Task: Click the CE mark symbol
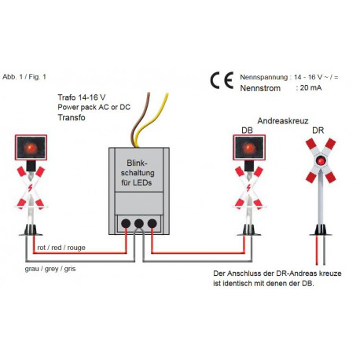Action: click(222, 80)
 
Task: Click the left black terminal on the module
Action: click(126, 223)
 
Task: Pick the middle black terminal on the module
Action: click(139, 223)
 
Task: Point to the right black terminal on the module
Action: click(152, 223)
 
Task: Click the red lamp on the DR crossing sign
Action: click(321, 160)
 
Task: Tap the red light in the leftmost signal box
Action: click(31, 148)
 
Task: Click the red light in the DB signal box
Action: click(249, 149)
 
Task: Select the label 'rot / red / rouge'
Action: click(61, 248)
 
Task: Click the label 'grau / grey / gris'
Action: click(50, 269)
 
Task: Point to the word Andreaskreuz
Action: click(283, 121)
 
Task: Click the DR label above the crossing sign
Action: click(318, 130)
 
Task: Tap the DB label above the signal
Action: click(247, 130)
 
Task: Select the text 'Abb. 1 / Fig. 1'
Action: click(24, 77)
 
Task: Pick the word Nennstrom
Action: click(260, 88)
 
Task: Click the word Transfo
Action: click(72, 117)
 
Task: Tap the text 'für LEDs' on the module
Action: click(137, 182)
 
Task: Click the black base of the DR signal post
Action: click(321, 230)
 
